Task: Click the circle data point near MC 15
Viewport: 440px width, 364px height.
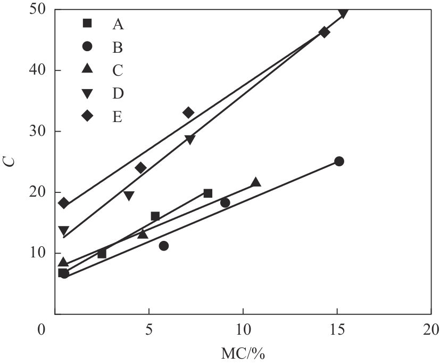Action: point(339,161)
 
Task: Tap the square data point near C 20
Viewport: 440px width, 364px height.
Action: point(208,193)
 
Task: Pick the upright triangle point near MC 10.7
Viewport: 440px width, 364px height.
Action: point(256,182)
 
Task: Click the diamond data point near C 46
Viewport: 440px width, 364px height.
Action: point(324,32)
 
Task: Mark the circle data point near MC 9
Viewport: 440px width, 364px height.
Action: point(225,203)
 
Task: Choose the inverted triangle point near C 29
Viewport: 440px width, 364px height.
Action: point(190,140)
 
